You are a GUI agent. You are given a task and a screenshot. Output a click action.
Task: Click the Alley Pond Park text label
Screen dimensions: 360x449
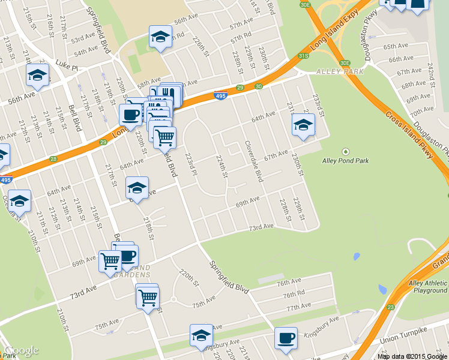345,160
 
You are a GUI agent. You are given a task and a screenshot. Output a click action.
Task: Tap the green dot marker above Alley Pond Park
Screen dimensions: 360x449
345,151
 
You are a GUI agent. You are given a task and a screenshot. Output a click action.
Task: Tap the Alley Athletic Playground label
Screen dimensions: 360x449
428,287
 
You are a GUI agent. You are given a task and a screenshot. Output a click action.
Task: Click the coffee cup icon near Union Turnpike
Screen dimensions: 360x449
286,337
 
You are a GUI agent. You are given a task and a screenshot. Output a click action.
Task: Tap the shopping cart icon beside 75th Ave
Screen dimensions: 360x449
147,296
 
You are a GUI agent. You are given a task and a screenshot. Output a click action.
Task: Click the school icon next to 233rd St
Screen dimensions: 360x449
303,125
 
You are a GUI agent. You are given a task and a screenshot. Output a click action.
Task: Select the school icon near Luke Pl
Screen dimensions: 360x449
37,76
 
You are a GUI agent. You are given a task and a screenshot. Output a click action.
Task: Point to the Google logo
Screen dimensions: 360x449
22,351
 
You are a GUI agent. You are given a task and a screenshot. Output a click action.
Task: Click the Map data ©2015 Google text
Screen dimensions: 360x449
412,356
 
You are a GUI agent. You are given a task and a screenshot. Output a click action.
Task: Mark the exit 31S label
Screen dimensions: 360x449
304,56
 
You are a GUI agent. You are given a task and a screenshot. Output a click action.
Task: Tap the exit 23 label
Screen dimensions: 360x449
391,307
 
